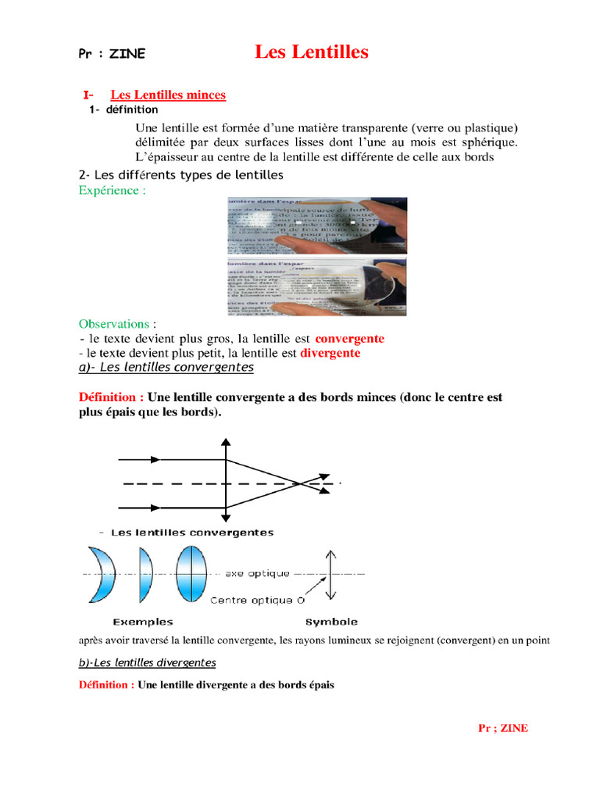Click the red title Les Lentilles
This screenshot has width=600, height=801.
pyautogui.click(x=311, y=52)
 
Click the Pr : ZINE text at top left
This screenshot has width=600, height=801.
pyautogui.click(x=112, y=54)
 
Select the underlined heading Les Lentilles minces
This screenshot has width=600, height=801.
pyautogui.click(x=167, y=95)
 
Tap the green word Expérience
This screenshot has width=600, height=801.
pyautogui.click(x=112, y=190)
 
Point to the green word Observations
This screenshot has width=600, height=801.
pyautogui.click(x=117, y=324)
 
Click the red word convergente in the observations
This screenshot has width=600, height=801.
pyautogui.click(x=349, y=339)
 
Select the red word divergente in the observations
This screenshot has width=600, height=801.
pyautogui.click(x=330, y=353)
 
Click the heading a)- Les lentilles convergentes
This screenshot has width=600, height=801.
pyautogui.click(x=166, y=367)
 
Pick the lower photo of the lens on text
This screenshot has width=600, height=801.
pyautogui.click(x=316, y=286)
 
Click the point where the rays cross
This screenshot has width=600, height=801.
pyautogui.click(x=300, y=484)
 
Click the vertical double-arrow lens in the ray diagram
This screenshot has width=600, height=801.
pyautogui.click(x=226, y=481)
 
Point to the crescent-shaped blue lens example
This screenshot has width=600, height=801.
pyautogui.click(x=103, y=573)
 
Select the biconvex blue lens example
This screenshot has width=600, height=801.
pyautogui.click(x=190, y=573)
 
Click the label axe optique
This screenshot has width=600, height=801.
pyautogui.click(x=257, y=573)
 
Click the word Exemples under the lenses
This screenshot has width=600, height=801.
pyautogui.click(x=143, y=622)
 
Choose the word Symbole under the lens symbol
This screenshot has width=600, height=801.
pyautogui.click(x=331, y=622)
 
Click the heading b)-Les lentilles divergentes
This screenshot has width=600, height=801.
pyautogui.click(x=147, y=663)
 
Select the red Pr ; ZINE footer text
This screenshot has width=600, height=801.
pyautogui.click(x=502, y=728)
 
